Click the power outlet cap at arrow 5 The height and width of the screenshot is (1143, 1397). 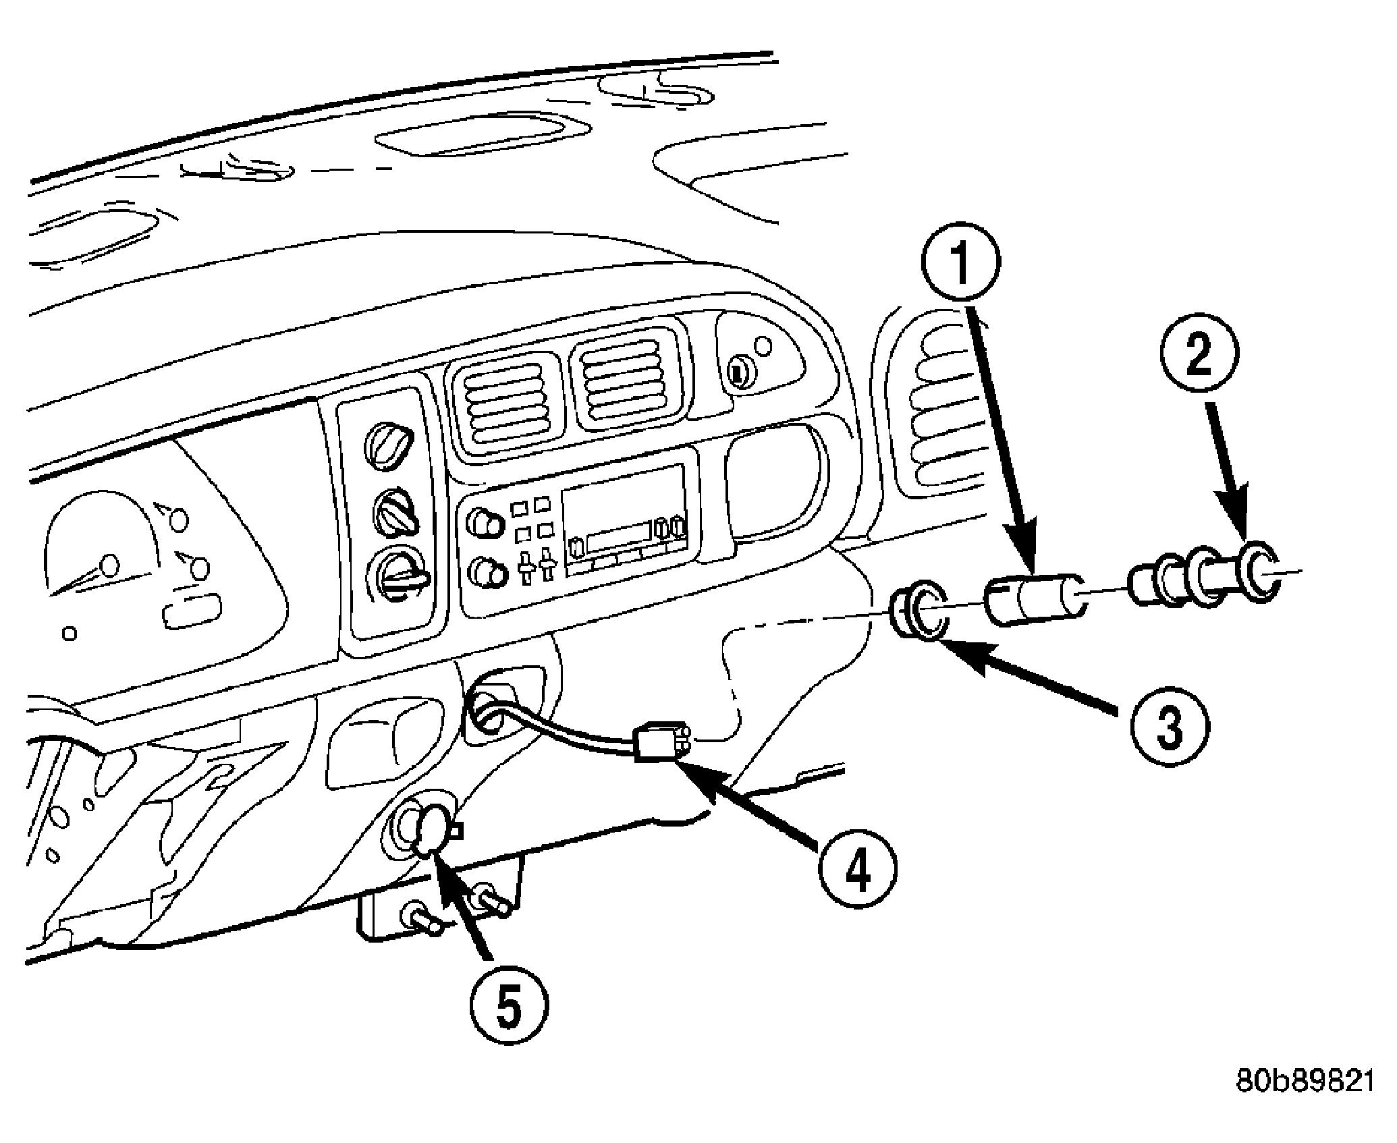[x=432, y=832]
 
